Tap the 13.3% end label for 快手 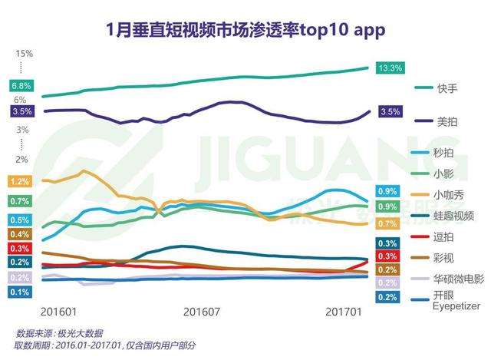tap(390, 68)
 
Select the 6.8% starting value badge tap(21, 85)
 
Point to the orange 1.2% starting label tap(21, 182)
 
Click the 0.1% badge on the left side tap(21, 292)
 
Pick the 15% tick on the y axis tap(23, 53)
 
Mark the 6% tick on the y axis tap(21, 100)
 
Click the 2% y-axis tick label tap(21, 159)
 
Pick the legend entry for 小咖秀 tap(449, 195)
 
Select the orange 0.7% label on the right tap(387, 224)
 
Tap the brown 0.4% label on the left tap(21, 234)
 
